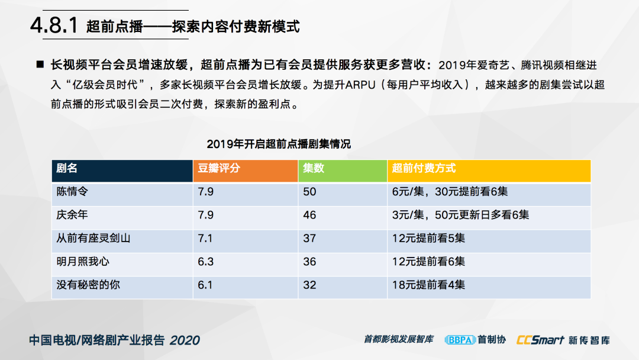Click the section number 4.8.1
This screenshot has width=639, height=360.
point(54,25)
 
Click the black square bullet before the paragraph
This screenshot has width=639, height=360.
point(40,65)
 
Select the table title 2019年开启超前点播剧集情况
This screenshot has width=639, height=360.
point(278,144)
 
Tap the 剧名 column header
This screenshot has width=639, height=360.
point(67,168)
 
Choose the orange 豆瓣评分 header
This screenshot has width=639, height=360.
point(219,168)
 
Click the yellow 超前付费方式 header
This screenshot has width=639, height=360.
point(424,168)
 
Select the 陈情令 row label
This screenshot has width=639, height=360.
point(72,192)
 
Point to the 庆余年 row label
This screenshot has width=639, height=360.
point(72,215)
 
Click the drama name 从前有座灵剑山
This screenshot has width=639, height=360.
point(93,238)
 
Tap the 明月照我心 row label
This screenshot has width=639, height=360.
point(83,261)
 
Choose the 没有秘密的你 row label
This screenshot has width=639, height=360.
point(88,285)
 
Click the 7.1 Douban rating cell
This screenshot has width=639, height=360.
point(205,238)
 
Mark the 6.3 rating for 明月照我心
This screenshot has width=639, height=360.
point(205,261)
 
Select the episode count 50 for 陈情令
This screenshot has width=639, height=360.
point(309,192)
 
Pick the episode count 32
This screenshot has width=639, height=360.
point(309,285)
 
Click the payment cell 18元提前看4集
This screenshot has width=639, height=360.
point(428,285)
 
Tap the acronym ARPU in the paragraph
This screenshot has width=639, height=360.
point(360,85)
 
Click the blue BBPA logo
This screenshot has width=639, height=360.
point(460,340)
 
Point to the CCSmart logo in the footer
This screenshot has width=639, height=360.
point(540,340)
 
